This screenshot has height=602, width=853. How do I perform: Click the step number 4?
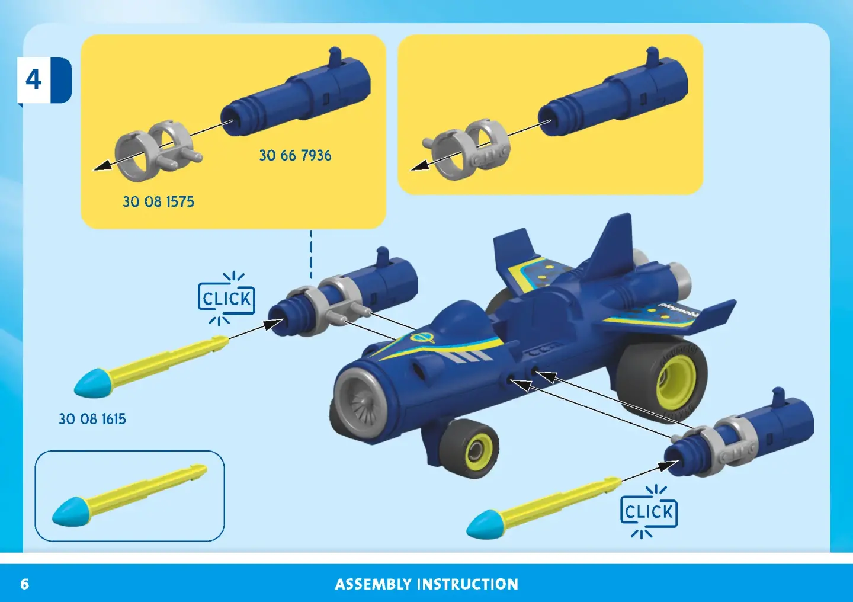[x=34, y=80]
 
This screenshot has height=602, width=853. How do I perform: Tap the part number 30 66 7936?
[x=295, y=155]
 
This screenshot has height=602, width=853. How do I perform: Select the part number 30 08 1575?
[x=158, y=201]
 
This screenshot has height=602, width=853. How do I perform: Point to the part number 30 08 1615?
[x=92, y=419]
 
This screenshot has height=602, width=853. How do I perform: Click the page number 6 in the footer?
[x=25, y=584]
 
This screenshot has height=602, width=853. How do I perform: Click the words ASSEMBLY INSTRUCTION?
[x=426, y=584]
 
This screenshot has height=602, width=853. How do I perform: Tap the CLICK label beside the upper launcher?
[x=226, y=299]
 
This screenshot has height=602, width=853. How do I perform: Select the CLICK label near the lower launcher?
[x=649, y=512]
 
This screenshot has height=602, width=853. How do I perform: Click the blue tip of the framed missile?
[x=70, y=512]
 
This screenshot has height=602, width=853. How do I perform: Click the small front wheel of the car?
[x=469, y=449]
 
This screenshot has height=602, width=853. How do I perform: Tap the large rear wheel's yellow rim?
[x=676, y=384]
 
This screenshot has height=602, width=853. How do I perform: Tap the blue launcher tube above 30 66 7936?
[x=296, y=91]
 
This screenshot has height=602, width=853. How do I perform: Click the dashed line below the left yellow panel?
[x=311, y=255]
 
